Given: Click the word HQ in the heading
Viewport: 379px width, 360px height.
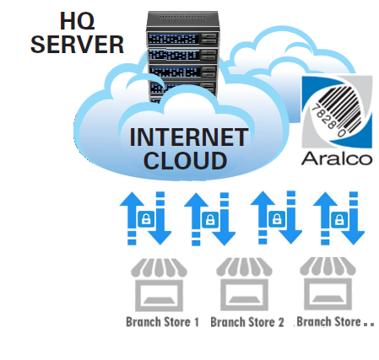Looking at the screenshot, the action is coord(78,21).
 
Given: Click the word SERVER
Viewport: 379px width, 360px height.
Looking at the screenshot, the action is coord(77,45).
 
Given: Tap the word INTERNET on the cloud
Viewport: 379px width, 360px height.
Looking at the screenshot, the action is coord(189,137).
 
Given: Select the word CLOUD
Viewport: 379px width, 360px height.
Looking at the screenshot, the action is coord(185,160).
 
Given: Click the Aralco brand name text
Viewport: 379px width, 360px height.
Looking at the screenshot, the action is coord(337,159).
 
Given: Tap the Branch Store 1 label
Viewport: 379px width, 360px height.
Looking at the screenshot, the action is coord(162,322).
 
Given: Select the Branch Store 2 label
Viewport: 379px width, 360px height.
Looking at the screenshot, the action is coord(247,322).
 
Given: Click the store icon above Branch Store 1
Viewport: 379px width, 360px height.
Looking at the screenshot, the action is coord(159,285).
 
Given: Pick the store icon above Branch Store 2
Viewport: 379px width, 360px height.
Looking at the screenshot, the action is coord(244,284).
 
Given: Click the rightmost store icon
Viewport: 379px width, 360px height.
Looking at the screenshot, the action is coord(328,284).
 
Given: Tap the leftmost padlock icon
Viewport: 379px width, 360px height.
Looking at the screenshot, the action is coord(146,218).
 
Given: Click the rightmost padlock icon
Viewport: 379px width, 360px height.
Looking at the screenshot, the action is coord(339,219).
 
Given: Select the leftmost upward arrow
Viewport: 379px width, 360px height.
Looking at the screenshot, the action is coord(132,218).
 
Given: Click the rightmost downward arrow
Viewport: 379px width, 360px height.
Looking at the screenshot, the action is coord(354,218).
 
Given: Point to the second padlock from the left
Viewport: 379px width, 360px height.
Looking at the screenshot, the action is coord(210,219).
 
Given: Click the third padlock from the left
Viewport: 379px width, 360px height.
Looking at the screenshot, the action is coord(277,218).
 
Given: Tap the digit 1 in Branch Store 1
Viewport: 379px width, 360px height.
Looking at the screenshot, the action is coord(197,322).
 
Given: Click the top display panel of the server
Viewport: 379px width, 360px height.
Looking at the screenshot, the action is coord(174,39).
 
